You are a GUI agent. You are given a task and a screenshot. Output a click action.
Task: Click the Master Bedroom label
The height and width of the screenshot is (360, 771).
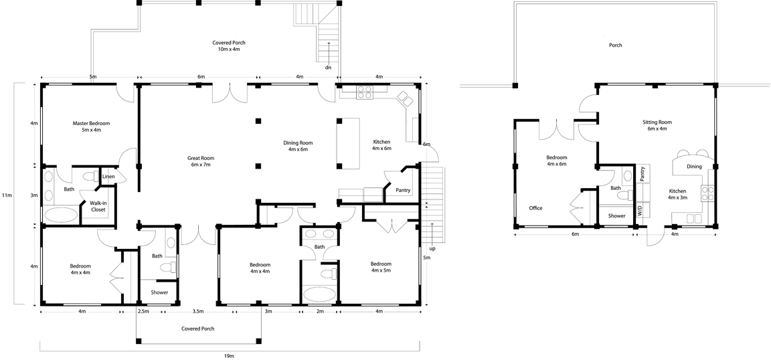point(91,123)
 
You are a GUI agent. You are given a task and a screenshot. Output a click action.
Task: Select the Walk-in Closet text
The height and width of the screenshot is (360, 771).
point(97,207)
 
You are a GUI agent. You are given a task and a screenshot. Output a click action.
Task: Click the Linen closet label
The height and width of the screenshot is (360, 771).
point(108,177)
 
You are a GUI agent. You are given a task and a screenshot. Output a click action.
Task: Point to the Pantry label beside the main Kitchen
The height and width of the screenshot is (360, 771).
point(403,190)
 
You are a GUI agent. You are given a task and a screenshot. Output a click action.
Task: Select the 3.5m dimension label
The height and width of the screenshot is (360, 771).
point(197,311)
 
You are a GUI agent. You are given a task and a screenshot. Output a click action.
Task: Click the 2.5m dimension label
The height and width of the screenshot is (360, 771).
point(143,311)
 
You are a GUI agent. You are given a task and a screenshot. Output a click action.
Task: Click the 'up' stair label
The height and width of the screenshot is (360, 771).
point(432,248)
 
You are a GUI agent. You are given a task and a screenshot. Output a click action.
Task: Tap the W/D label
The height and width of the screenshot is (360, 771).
point(640,211)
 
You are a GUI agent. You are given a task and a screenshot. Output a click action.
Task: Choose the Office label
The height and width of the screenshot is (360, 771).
point(535,208)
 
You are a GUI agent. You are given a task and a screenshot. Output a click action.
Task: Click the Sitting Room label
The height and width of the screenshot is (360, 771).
point(657,122)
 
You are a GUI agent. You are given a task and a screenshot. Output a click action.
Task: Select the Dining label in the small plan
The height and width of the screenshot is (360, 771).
point(694,167)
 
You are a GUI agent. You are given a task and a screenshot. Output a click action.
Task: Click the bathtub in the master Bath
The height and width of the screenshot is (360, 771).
point(61,215)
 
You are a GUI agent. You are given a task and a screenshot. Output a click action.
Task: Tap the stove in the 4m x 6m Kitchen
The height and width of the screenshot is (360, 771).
point(364,92)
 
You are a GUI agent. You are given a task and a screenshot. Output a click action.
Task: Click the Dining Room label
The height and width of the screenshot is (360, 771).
point(298,143)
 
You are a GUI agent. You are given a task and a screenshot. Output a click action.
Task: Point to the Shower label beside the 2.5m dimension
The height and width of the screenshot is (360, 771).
point(159,292)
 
